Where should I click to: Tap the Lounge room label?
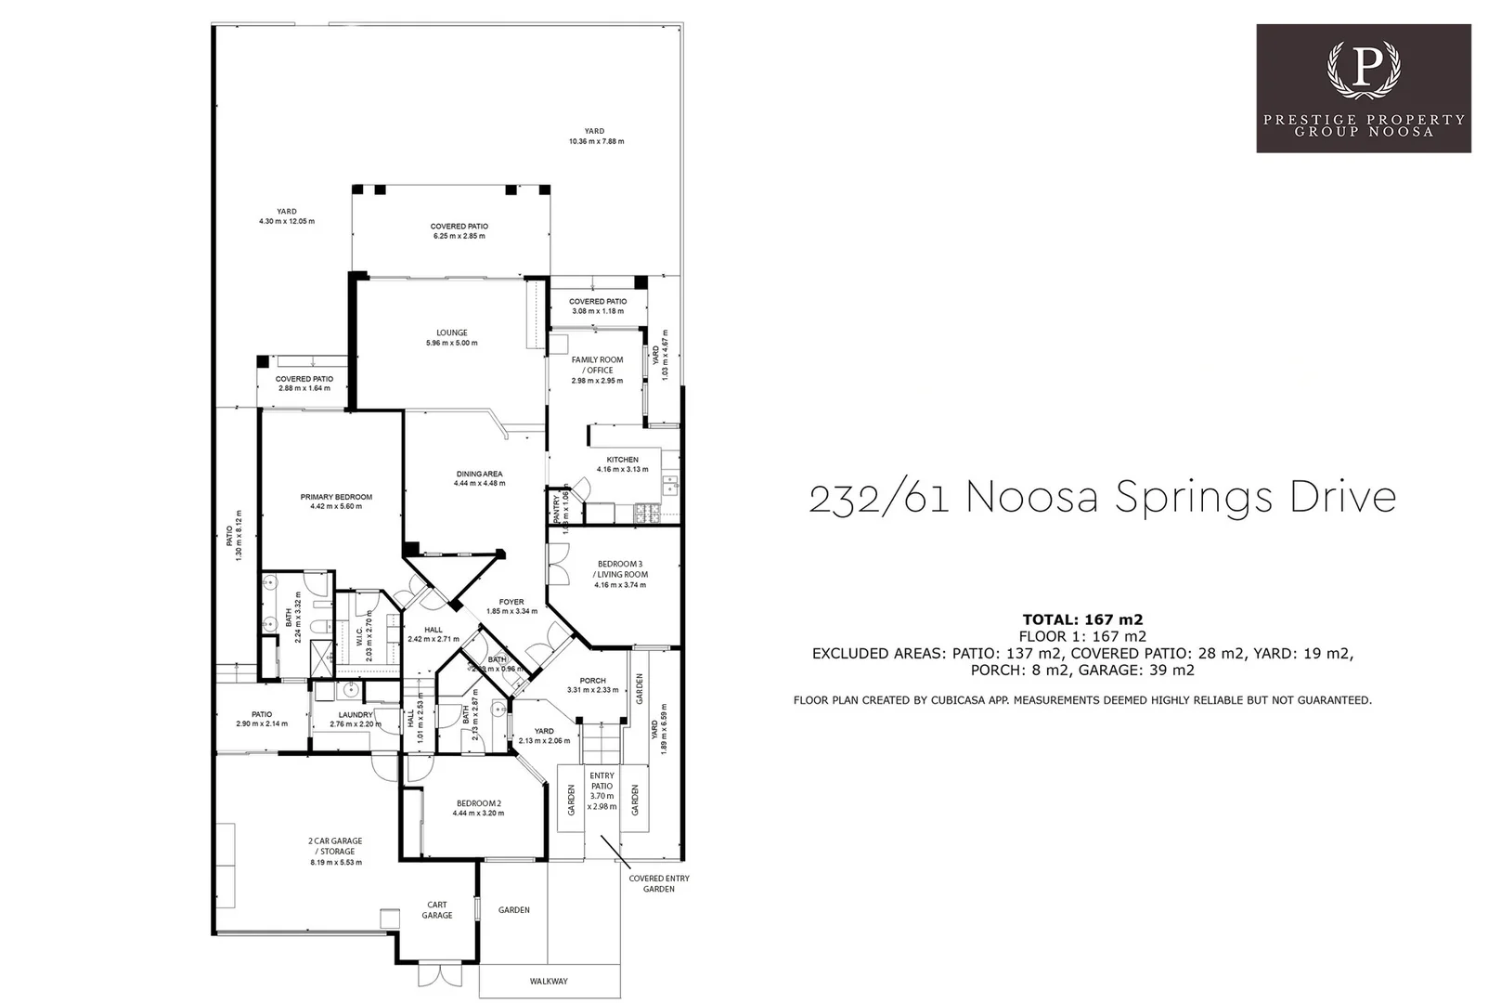point(452,332)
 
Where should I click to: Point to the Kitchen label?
point(622,460)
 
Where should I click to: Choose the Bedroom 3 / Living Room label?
point(622,569)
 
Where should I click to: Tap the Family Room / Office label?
point(597,365)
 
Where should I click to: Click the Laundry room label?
point(356,715)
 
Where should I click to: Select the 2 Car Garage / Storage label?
point(335,846)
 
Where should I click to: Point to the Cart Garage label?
point(437,909)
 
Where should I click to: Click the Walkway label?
point(549,981)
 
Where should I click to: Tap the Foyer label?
point(511,602)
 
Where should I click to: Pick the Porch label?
point(592,681)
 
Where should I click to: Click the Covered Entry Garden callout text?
point(658,883)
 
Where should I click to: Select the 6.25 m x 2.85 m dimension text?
point(459,236)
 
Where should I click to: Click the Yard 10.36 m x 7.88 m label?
point(595,137)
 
